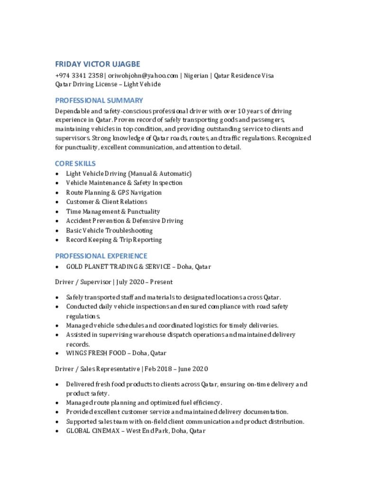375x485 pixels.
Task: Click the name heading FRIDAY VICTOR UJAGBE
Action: pos(98,64)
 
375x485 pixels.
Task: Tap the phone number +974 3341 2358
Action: pos(79,75)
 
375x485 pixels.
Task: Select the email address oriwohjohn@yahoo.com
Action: pos(143,75)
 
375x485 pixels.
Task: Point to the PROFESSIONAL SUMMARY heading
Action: pos(99,100)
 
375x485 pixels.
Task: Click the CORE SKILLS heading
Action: pos(75,163)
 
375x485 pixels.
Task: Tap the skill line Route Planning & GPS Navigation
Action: pos(114,193)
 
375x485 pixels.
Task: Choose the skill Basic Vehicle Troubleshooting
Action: pos(109,231)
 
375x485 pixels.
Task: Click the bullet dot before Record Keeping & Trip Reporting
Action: pos(57,240)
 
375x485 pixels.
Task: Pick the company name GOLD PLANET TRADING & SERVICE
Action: pos(116,267)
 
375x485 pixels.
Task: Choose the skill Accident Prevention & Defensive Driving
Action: pos(124,221)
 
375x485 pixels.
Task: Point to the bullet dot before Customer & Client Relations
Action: pos(57,202)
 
